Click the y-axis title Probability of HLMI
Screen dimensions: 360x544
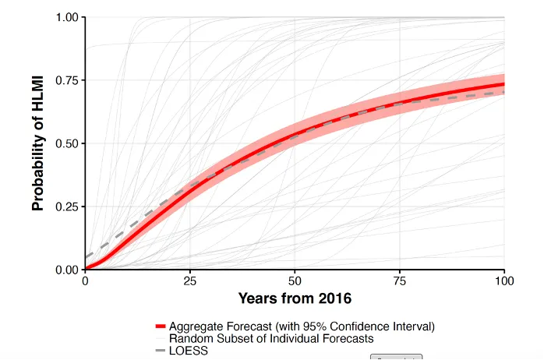[37, 143]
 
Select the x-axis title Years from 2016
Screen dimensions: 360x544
[295, 299]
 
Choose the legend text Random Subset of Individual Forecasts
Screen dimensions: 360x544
[271, 338]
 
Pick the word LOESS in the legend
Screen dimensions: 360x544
[187, 351]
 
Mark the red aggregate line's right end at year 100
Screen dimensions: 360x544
[503, 84]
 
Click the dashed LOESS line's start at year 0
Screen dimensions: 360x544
[86, 257]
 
